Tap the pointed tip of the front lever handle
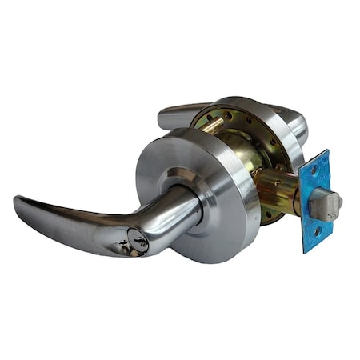click(x=18, y=200)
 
